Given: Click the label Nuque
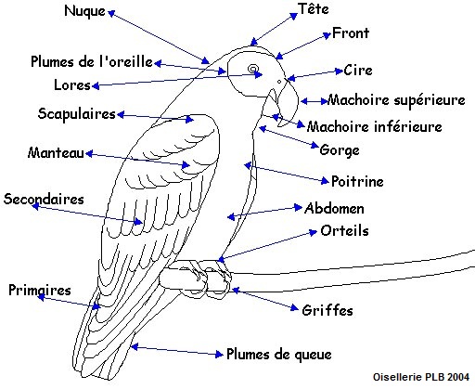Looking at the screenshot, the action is pos(84,11).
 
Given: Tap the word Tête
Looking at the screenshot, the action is pos(314,8).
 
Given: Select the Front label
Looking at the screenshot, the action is pos(351,32).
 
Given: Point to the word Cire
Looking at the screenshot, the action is pos(358,70).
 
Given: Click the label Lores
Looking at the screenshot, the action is pos(72,84).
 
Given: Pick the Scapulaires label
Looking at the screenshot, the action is pos(77,113).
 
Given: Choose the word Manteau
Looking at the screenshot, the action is pos(56,152).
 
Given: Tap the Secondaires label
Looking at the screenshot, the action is pos(44,199).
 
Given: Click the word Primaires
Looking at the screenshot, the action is pos(40,291).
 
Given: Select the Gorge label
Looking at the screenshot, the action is pos(340,150).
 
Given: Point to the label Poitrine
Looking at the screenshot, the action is pos(357,181).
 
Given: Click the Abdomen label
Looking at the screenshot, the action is pos(334,208).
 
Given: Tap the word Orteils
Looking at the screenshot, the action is pos(344,231).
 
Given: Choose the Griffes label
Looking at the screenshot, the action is pos(327,310).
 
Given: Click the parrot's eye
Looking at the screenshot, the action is pos(253,69).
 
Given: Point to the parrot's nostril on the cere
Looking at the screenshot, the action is pos(279,82).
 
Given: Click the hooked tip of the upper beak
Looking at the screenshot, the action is pos(279,125).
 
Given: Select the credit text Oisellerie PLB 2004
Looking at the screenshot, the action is pos(421,377).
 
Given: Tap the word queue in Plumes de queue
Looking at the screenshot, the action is pos(313,355).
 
